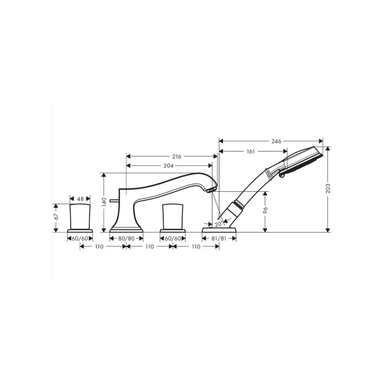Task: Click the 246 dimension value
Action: (276, 141)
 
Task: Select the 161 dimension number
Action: (250, 151)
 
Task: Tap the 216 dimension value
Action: (177, 157)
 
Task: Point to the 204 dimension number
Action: (168, 166)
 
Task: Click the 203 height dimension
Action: (328, 188)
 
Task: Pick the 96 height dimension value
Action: (265, 210)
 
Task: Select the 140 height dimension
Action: (104, 202)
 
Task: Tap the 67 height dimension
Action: (56, 217)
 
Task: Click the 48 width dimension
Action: (80, 199)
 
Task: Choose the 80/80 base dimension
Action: (126, 238)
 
